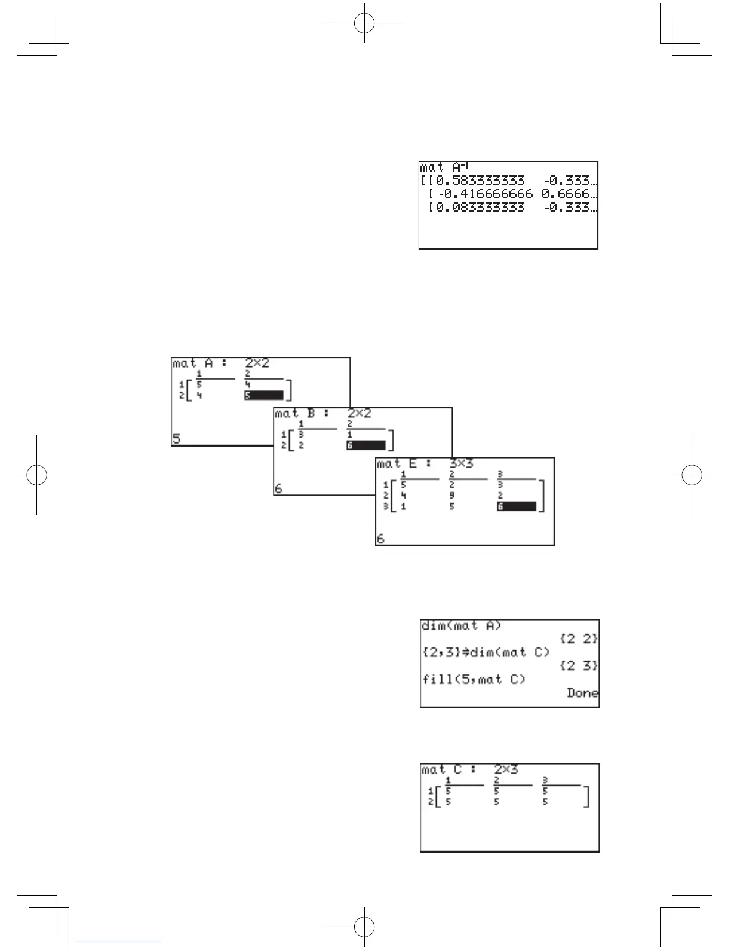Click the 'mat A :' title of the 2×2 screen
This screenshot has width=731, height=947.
click(x=199, y=363)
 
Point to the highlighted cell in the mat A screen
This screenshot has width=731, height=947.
click(x=263, y=395)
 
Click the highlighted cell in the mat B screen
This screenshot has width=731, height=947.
click(x=365, y=445)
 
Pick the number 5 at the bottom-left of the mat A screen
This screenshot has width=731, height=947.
click(x=177, y=439)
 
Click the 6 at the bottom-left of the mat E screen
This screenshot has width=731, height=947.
click(x=380, y=539)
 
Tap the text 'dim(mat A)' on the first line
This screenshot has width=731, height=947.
click(x=462, y=626)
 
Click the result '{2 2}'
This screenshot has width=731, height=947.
click(x=579, y=639)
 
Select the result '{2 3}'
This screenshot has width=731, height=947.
click(x=579, y=666)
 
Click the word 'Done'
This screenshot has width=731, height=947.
click(x=582, y=694)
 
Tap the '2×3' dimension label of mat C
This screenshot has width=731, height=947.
click(x=506, y=769)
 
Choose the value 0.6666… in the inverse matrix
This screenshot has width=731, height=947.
click(x=569, y=194)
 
